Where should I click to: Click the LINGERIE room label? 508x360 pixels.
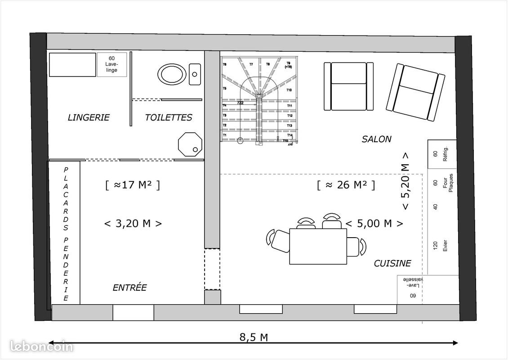[89, 117]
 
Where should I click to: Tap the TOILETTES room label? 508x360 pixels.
[169, 117]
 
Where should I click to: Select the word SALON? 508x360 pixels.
[376, 139]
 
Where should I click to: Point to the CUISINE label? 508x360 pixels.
[392, 264]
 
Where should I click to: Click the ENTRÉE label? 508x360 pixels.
[129, 288]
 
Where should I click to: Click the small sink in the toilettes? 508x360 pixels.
[195, 74]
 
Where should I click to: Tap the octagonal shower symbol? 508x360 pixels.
[190, 144]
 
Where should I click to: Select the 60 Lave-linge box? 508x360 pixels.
[112, 65]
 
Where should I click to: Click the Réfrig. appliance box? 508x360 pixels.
[441, 154]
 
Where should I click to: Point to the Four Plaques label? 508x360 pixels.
[448, 183]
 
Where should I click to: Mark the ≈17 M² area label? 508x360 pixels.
[132, 184]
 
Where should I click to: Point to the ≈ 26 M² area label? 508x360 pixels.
[345, 184]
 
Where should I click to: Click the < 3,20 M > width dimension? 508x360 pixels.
[133, 223]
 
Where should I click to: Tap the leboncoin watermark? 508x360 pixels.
[41, 346]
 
